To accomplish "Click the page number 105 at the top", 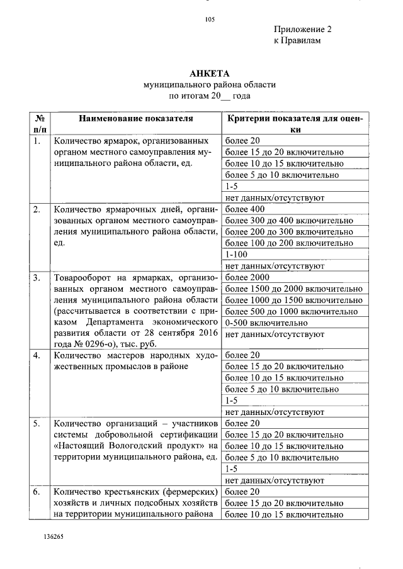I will click(210, 19).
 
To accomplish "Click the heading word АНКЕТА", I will click(209, 73).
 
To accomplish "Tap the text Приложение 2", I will click(302, 30).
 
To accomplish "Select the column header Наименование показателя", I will click(135, 118).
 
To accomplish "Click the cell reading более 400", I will click(244, 209).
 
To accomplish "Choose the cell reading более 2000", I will click(247, 277).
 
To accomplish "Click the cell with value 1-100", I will click(237, 255).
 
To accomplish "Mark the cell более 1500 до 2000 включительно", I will click(293, 289).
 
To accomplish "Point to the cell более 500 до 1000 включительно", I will click(291, 311).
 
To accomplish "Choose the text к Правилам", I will click(297, 41).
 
